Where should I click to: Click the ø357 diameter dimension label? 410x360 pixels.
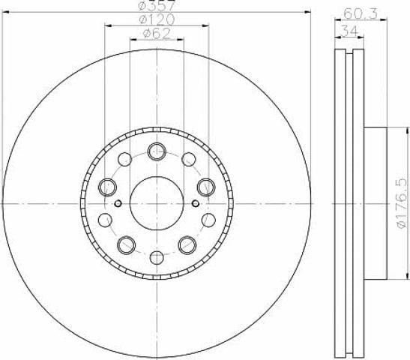(x=157, y=5)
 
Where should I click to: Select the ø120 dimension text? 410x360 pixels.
(x=157, y=19)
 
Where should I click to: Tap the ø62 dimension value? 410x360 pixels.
(x=157, y=34)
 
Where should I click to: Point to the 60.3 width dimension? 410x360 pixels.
(x=361, y=13)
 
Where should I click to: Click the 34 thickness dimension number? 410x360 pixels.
(x=349, y=31)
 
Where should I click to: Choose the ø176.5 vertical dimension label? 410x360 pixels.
(x=402, y=203)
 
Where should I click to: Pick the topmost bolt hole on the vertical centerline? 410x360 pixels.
(x=157, y=151)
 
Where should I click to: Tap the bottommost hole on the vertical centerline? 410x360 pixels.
(x=157, y=257)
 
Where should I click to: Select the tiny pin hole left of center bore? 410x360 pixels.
(x=118, y=203)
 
